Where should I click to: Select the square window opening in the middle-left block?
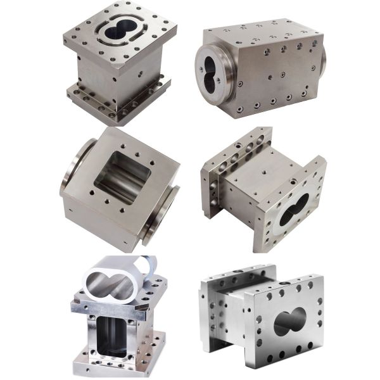point(122,177)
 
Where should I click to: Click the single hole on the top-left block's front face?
point(137,73)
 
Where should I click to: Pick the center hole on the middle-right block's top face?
point(260,170)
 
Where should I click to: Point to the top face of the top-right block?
point(266,35)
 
